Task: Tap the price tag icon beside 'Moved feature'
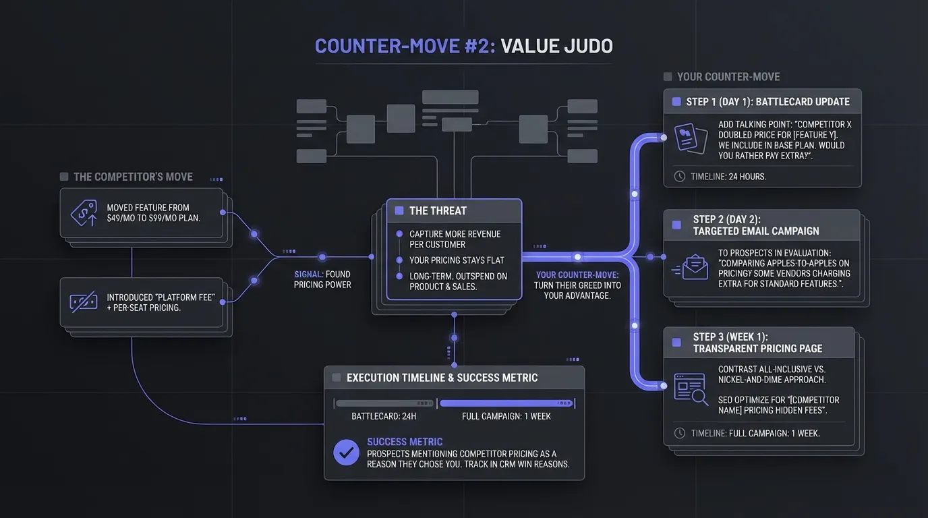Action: point(84,212)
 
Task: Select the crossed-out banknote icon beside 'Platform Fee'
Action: point(84,302)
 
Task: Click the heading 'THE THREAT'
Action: point(438,210)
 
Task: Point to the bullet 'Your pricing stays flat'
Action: point(457,260)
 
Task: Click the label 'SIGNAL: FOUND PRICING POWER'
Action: point(322,279)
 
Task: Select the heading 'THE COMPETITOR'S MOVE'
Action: point(133,177)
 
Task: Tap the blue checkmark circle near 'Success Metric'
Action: point(347,453)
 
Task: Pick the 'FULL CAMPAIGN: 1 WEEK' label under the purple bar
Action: point(506,416)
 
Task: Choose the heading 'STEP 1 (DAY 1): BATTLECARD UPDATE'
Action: point(768,102)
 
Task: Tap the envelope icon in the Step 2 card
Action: point(694,268)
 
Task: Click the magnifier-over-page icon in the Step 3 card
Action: point(691,389)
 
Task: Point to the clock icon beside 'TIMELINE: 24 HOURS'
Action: point(679,176)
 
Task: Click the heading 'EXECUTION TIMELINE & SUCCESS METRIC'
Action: point(442,378)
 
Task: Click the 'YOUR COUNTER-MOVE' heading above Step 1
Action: point(728,77)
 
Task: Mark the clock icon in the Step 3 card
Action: point(679,433)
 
